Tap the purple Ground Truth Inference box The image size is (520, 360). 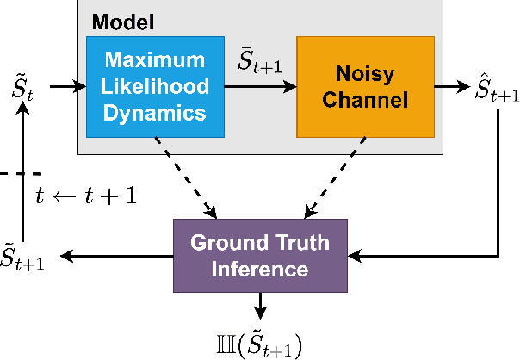point(260,256)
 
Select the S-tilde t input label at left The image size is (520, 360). point(24,86)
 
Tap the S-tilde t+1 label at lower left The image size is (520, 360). point(23,256)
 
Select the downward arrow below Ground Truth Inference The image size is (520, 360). point(260,304)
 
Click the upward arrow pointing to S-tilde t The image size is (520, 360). point(24,172)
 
